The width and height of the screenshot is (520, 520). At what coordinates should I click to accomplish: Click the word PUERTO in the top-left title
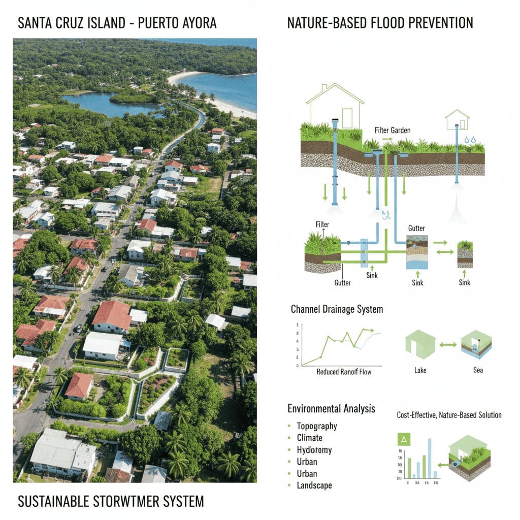(x=153, y=23)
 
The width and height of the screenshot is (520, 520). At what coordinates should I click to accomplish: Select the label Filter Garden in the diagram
(x=393, y=131)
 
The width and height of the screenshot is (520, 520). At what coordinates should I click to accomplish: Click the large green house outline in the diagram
(x=336, y=106)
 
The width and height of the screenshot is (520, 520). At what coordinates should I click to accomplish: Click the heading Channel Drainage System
(x=337, y=309)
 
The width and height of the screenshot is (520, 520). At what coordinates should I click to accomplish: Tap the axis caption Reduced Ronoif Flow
(x=344, y=372)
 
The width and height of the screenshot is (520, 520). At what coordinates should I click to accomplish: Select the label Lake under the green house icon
(x=420, y=370)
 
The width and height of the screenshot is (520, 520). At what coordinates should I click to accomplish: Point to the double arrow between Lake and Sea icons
(x=448, y=345)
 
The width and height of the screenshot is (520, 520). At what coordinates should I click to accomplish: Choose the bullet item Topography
(x=317, y=426)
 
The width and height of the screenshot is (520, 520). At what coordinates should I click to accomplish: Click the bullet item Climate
(x=309, y=438)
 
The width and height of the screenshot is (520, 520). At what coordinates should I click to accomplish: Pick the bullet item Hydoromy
(x=314, y=450)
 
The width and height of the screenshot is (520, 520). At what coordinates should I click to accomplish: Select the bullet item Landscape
(x=314, y=485)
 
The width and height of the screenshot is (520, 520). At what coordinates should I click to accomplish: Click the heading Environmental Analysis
(x=331, y=408)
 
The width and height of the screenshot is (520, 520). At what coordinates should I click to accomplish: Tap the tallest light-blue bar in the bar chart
(x=430, y=457)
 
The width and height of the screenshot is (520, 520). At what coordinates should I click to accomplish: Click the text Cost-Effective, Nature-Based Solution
(x=449, y=415)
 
